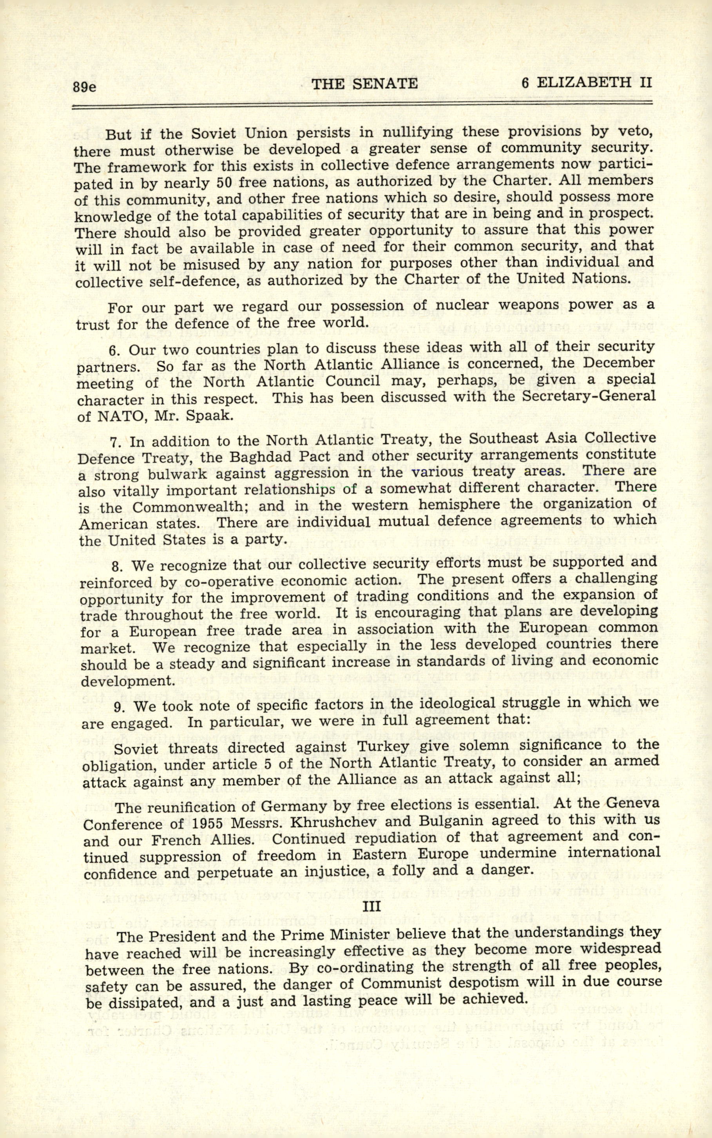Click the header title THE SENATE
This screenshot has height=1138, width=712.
click(365, 84)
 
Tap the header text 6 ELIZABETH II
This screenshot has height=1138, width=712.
click(586, 83)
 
